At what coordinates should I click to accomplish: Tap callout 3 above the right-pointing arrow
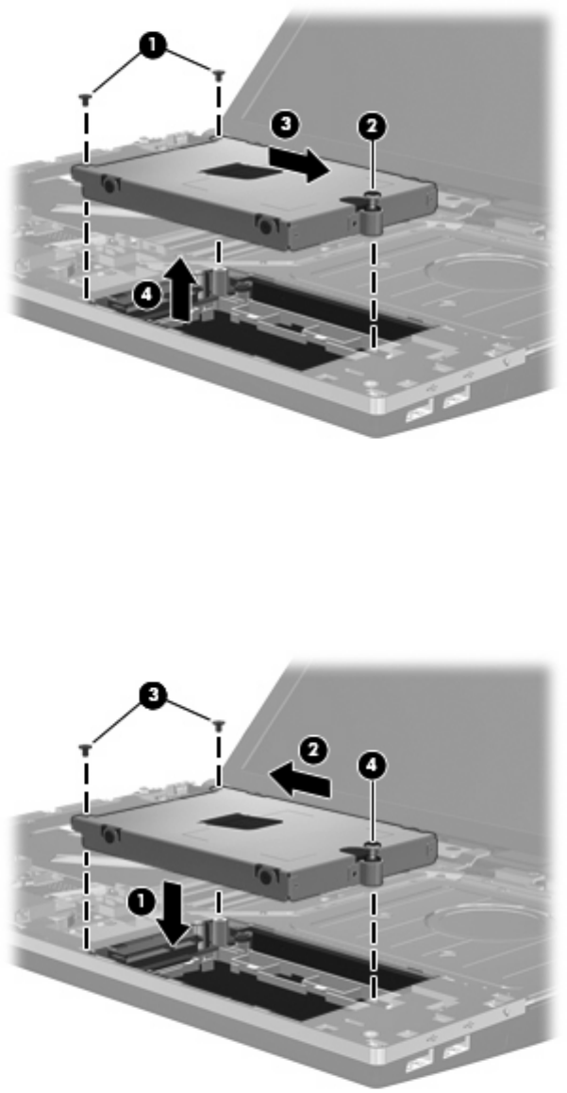[x=286, y=126]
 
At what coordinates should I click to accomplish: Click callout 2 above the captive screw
[x=374, y=126]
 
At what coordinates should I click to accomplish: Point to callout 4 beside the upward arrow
[x=145, y=295]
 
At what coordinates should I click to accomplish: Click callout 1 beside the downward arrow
[x=140, y=902]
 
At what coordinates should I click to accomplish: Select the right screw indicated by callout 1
[x=219, y=74]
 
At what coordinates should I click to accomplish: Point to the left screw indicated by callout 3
[x=86, y=749]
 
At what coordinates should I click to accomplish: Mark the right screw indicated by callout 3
[x=219, y=725]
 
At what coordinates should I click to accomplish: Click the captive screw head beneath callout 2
[x=374, y=197]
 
